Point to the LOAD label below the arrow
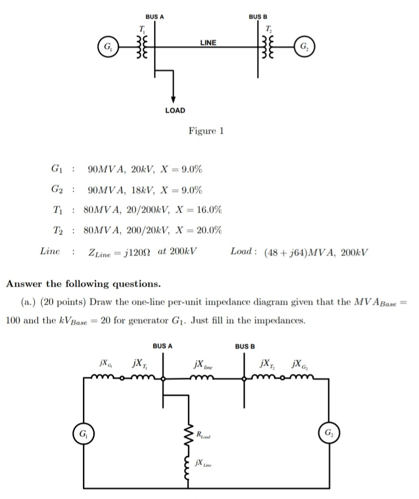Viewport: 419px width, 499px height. coord(175,110)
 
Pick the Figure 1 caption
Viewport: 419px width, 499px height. coord(205,131)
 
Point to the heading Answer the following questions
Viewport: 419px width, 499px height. coord(83,284)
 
